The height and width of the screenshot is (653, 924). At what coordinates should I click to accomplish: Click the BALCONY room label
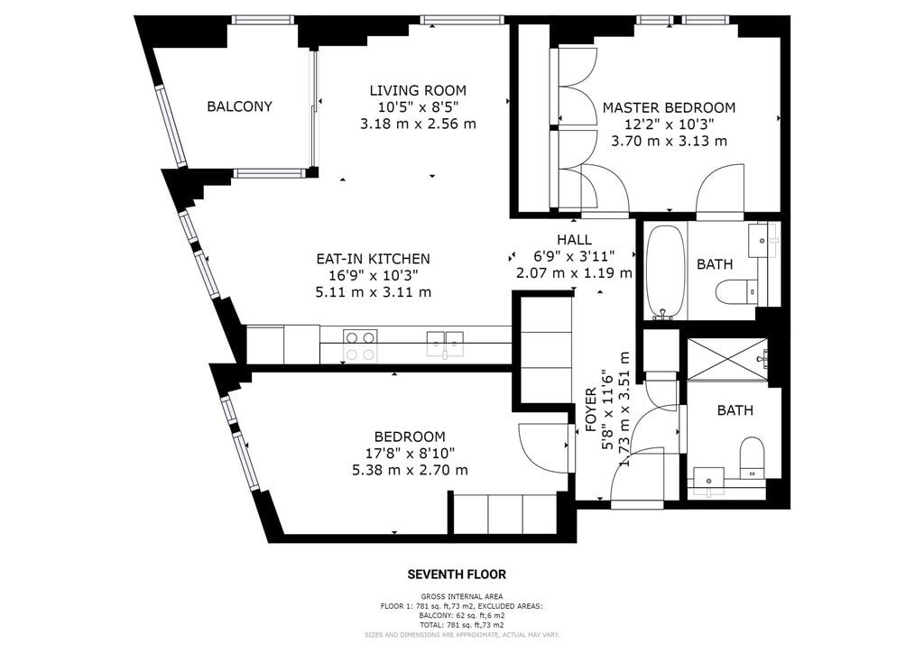coord(239,106)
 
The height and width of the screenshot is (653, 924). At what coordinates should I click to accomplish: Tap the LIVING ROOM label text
coord(418,91)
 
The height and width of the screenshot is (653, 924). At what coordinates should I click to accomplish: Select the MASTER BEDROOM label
coord(669,107)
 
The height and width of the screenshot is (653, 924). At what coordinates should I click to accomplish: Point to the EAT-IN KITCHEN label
coord(373,259)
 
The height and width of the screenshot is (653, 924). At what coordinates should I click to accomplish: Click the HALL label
coord(575,240)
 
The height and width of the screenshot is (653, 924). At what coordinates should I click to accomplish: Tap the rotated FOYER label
coord(591,409)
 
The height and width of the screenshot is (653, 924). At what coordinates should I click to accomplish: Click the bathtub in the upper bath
coord(665,271)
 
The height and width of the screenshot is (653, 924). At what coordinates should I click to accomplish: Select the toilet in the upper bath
coord(736,291)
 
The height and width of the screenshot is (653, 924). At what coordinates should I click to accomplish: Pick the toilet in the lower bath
coord(752,457)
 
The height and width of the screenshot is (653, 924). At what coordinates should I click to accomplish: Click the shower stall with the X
coord(727,359)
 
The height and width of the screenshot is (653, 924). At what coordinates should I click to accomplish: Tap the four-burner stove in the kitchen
coord(361,345)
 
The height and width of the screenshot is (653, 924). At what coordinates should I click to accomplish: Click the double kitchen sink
coord(445,344)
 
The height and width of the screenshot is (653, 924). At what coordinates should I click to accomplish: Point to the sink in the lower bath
coord(709,479)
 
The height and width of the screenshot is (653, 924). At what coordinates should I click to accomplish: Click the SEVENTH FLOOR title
coord(457,575)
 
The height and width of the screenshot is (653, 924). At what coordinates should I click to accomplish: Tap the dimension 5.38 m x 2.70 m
coord(410,471)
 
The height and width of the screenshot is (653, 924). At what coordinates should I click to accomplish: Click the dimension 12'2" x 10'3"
coord(669,124)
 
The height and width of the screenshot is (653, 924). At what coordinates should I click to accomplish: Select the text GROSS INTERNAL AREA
coord(462,596)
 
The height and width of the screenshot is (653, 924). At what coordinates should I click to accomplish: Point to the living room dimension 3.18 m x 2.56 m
coord(418,124)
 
